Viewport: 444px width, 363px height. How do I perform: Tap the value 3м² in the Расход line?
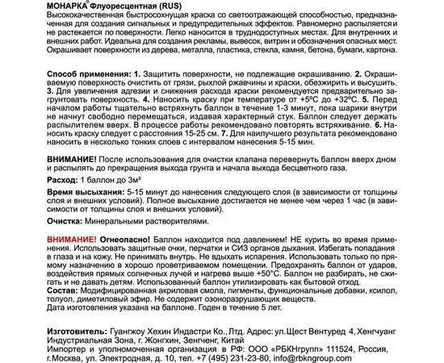[144, 182]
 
